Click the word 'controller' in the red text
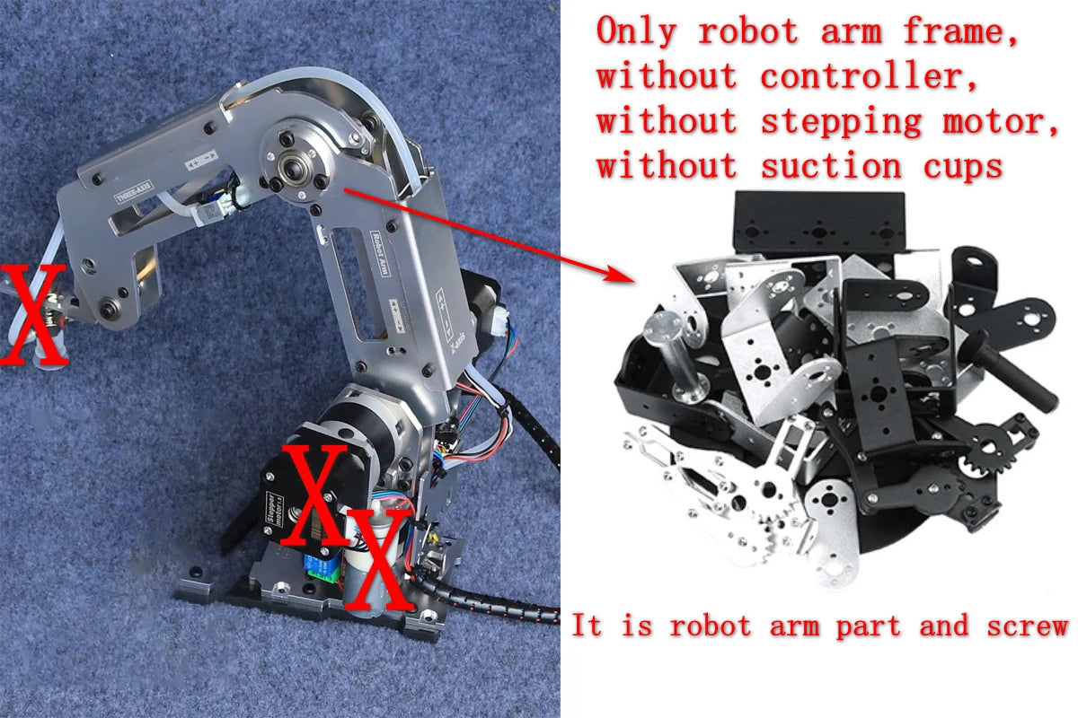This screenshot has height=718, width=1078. tap(869, 76)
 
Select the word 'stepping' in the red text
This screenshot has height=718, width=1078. tap(841, 121)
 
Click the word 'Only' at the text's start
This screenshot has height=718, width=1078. tap(638, 31)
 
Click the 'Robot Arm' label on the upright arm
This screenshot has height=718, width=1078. tap(382, 256)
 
